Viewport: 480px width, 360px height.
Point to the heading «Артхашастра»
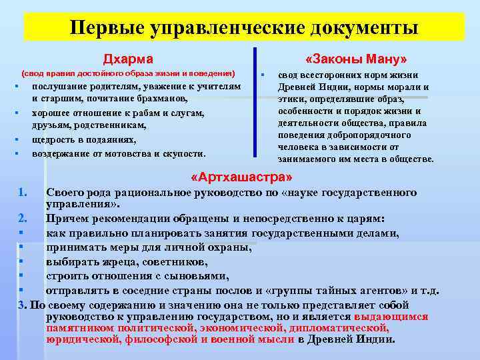(241, 178)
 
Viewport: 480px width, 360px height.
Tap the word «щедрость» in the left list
(54, 140)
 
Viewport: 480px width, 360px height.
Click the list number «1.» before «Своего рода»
(23, 193)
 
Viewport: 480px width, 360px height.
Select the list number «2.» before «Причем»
(23, 218)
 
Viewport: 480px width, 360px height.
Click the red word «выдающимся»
(391, 317)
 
